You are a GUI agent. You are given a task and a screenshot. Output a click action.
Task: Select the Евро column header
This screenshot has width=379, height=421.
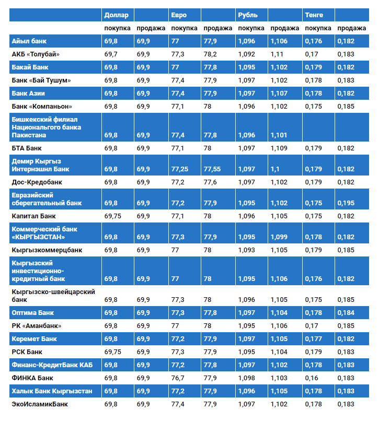point(179,15)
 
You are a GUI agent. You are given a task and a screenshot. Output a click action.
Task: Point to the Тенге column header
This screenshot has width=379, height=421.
point(314,15)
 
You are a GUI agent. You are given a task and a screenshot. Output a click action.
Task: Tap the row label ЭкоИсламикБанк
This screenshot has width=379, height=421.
point(40,404)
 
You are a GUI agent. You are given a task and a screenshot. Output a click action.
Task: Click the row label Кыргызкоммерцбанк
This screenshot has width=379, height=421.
point(47,250)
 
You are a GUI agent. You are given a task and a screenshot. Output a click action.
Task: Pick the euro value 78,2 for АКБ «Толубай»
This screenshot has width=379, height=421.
point(211,54)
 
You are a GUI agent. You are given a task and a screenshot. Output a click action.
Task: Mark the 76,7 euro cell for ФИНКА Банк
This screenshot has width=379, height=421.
point(178,378)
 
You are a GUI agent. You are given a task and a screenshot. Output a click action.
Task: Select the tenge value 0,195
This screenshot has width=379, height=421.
point(346,203)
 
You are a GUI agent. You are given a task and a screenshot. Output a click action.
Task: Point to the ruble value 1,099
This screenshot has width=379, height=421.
point(279,237)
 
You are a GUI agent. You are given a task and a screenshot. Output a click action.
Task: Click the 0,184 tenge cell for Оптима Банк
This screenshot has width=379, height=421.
point(346,313)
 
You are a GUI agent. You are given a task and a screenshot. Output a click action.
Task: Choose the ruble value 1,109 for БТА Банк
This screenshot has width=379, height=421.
point(279,148)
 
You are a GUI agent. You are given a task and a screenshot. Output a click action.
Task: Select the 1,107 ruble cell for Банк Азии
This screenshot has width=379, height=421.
point(279,93)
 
